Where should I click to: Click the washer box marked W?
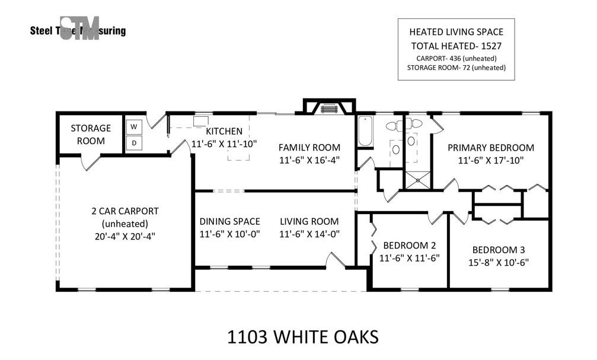(x=133, y=126)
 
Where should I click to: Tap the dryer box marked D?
(x=133, y=144)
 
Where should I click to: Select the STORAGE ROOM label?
(x=91, y=135)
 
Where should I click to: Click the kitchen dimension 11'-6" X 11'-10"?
(x=224, y=144)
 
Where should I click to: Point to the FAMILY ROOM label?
(x=309, y=148)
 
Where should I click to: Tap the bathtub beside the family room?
(x=365, y=131)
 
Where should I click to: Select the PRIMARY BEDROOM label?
(x=491, y=148)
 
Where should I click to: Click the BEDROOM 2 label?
(x=409, y=246)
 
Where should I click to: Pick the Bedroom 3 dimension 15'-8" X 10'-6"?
(x=499, y=263)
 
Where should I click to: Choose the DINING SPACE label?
(x=229, y=221)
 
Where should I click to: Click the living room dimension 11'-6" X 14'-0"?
(x=309, y=234)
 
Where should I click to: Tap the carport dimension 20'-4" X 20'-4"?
(x=125, y=236)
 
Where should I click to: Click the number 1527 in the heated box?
(x=491, y=46)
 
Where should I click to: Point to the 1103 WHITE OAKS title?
(x=303, y=337)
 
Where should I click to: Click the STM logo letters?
(x=79, y=28)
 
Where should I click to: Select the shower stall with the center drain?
(x=418, y=180)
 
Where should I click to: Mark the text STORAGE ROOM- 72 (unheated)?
(x=456, y=68)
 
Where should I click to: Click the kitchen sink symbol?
(x=200, y=121)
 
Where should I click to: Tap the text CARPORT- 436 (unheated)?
(x=456, y=58)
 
